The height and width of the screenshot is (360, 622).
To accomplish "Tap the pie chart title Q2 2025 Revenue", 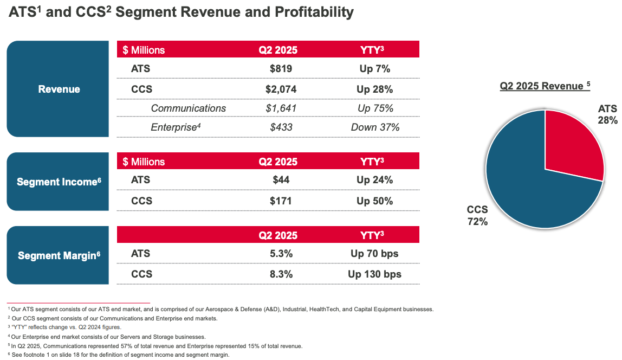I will [542, 86].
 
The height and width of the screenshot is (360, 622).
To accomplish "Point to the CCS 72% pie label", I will [477, 215].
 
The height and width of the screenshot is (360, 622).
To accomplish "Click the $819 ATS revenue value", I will [281, 69].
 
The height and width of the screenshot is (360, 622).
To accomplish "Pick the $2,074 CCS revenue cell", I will [281, 89].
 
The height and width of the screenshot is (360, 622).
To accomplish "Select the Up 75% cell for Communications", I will [375, 108].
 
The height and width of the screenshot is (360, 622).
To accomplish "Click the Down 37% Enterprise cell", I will [375, 127].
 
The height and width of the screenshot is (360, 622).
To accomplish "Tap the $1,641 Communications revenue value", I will [281, 108].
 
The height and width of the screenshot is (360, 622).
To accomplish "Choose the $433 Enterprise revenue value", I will [281, 127].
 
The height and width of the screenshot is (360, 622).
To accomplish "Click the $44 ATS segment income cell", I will [281, 181].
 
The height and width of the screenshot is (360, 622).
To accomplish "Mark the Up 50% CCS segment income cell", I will [375, 201].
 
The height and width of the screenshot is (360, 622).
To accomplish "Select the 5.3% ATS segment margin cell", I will [281, 253].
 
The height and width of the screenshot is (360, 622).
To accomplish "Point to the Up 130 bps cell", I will [375, 274].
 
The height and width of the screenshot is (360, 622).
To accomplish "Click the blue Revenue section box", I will [59, 89].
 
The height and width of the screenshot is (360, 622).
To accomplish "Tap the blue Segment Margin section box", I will [59, 255].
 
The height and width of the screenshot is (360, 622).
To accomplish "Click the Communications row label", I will [188, 108].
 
